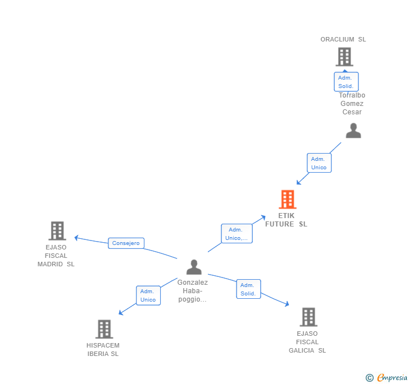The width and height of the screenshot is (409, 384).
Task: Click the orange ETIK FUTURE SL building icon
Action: [287, 200]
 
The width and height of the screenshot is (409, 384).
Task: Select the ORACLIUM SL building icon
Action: [344, 57]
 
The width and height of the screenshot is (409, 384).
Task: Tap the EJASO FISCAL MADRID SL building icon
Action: [57, 230]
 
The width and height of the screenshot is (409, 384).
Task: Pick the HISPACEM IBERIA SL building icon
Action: [104, 329]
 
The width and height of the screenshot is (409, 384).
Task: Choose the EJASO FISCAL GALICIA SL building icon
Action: [308, 317]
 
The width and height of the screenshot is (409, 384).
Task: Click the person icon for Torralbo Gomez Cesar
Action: [353, 131]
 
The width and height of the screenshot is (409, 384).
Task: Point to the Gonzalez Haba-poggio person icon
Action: [194, 267]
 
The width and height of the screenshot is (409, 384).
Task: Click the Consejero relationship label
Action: [126, 243]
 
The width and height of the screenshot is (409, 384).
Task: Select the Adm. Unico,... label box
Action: [237, 234]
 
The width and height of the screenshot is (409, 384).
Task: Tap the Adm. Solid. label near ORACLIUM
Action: [346, 82]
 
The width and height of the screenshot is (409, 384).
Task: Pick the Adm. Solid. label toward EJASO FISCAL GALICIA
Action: [248, 289]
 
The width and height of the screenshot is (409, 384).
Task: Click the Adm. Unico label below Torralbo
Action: [319, 163]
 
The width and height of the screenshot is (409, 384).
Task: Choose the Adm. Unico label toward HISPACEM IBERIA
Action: [148, 295]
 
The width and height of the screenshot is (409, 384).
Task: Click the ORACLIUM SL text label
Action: [343, 39]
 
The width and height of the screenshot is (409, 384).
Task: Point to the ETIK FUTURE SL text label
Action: [287, 220]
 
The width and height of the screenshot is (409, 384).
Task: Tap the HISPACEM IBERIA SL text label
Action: [103, 350]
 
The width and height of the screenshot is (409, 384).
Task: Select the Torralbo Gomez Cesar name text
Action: [352, 104]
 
